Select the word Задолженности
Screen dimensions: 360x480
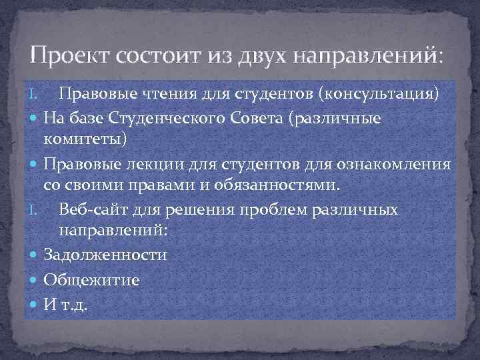tap(105, 255)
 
